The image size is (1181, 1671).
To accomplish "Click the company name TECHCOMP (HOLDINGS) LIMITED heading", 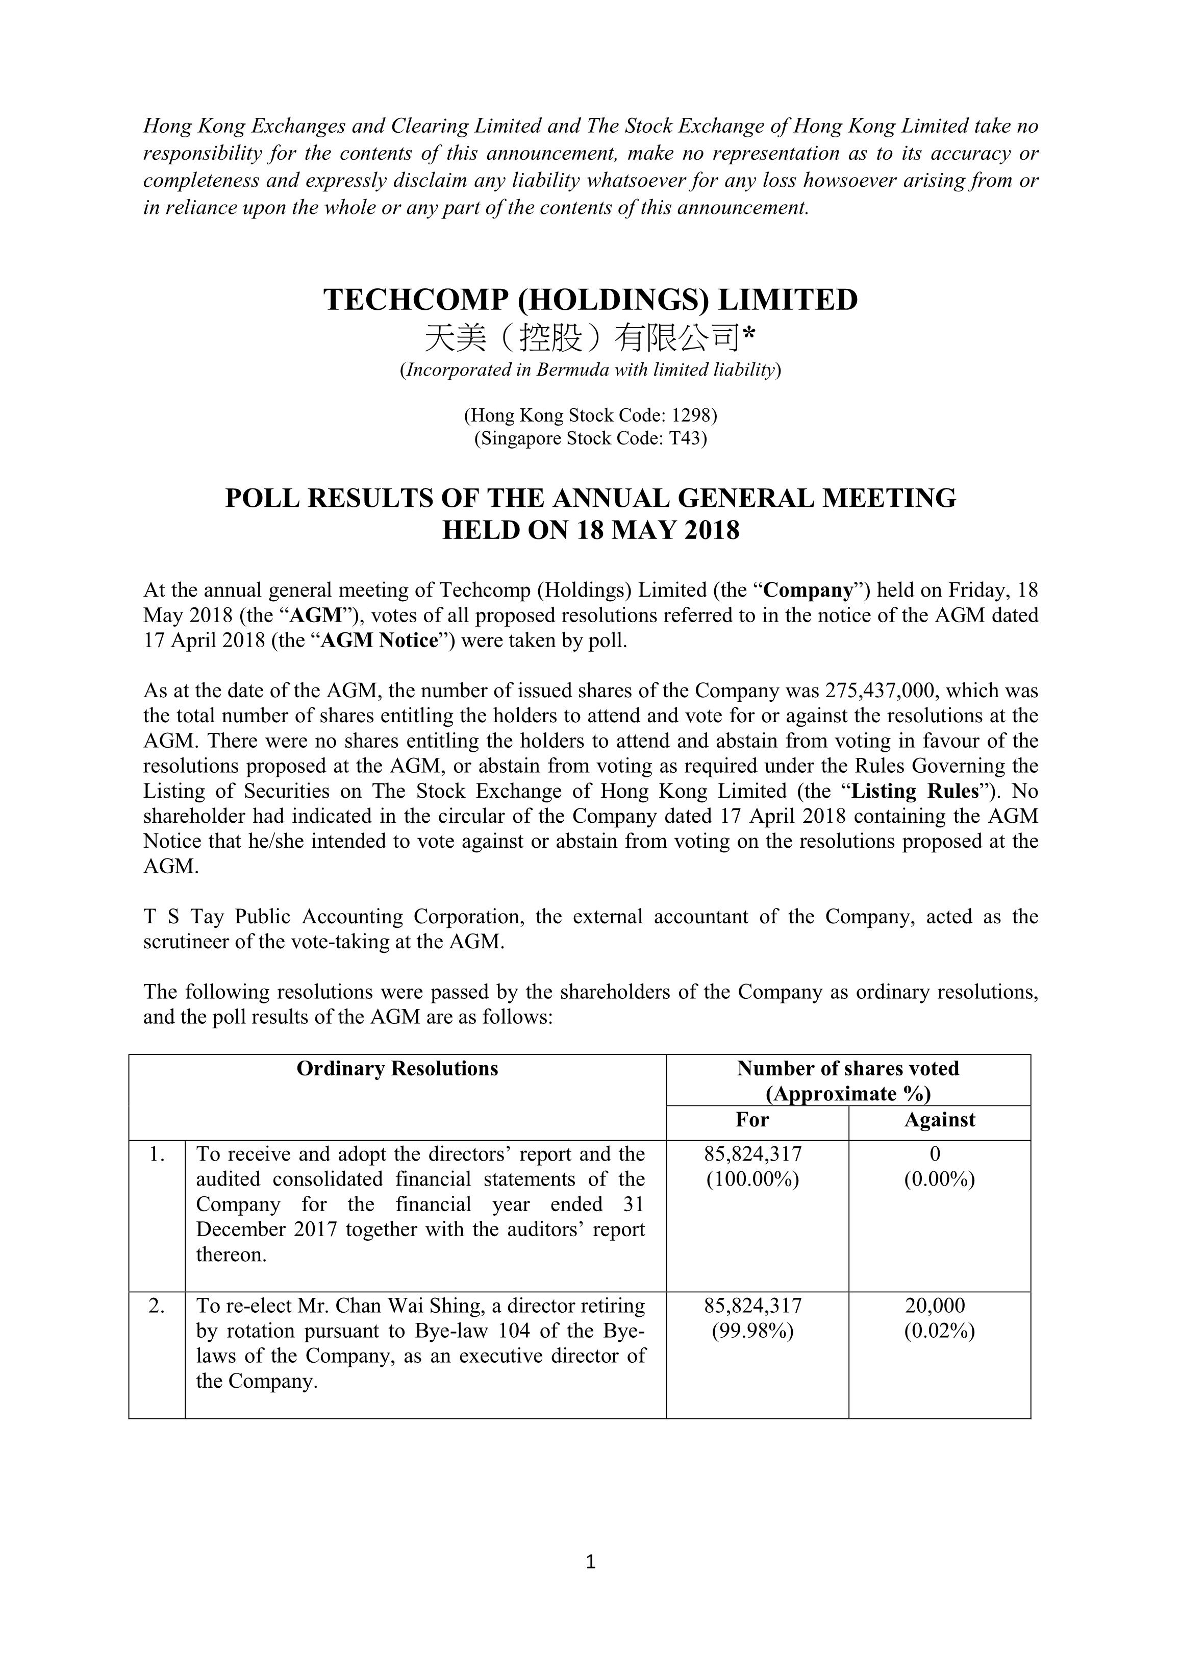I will pyautogui.click(x=590, y=300).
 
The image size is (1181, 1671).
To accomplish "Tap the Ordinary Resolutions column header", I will pyautogui.click(x=397, y=1068).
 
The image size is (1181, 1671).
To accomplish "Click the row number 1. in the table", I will pyautogui.click(x=157, y=1154).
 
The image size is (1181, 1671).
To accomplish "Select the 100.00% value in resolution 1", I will pyautogui.click(x=752, y=1179).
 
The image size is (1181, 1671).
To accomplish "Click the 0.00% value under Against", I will pyautogui.click(x=939, y=1179).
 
